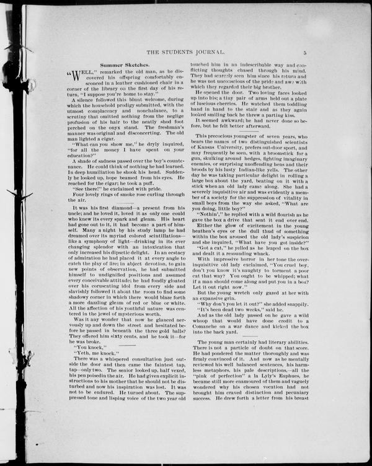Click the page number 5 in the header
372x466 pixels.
(314, 53)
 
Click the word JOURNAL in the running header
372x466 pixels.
(255, 53)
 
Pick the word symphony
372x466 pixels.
(94, 244)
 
